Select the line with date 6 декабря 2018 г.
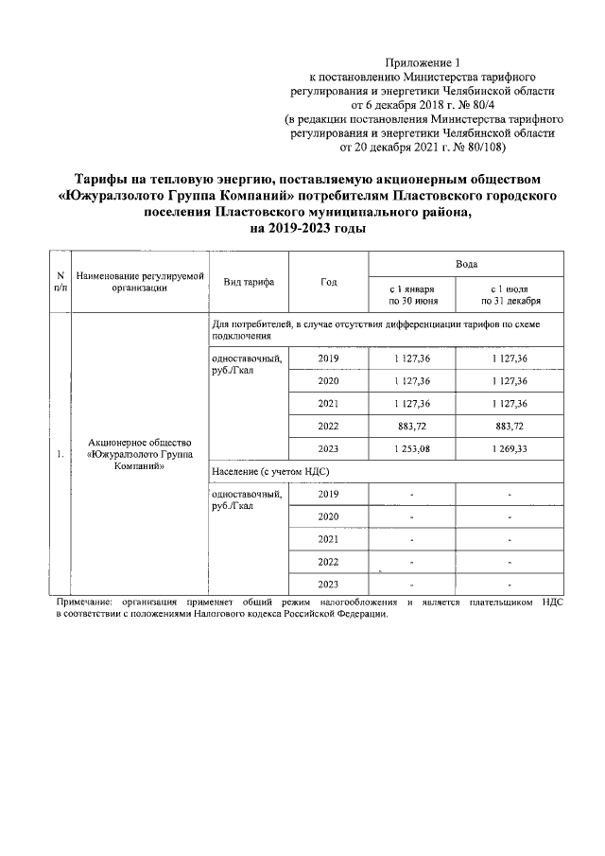pos(427,104)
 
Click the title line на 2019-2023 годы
pos(302,228)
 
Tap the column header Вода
pos(466,264)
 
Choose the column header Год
pos(329,282)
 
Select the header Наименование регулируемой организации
pos(140,282)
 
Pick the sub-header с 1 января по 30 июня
pos(412,294)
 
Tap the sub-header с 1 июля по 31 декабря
pos(510,294)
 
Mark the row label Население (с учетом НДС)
pos(269,470)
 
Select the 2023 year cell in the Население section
pos(329,583)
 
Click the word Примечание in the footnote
pos(83,602)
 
